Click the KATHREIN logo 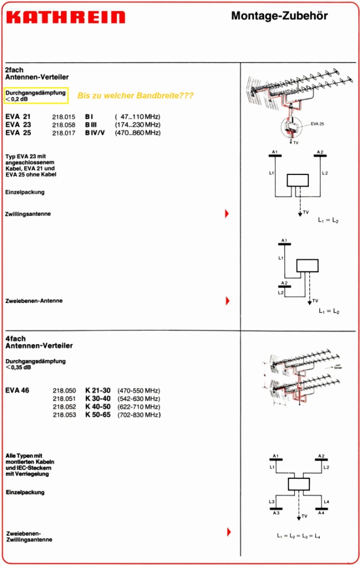65,17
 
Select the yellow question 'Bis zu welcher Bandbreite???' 136,95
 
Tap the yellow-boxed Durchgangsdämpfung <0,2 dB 36,95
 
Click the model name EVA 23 18,125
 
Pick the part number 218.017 63,133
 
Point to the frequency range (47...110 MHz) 137,117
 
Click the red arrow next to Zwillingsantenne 227,214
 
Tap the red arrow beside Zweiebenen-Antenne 227,301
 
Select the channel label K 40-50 98,407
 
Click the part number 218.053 64,415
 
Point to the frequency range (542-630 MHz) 139,398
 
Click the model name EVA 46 18,390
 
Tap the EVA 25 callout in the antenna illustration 317,124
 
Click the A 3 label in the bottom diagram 276,513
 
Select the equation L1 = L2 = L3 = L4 299,536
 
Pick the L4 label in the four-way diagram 326,501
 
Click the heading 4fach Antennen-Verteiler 39,342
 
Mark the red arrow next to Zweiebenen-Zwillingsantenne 227,532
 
